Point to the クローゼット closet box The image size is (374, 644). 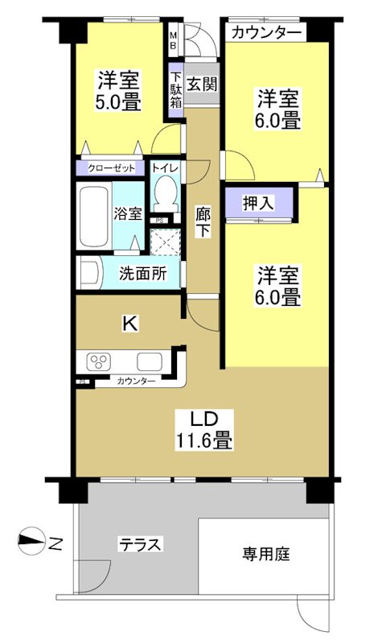(x=111, y=169)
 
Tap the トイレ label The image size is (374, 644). (x=166, y=168)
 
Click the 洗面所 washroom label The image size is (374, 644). (x=142, y=273)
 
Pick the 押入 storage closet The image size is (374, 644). (x=259, y=203)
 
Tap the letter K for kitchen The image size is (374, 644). (x=128, y=323)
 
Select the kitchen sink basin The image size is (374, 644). (x=150, y=361)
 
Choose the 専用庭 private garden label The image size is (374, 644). (x=266, y=554)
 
